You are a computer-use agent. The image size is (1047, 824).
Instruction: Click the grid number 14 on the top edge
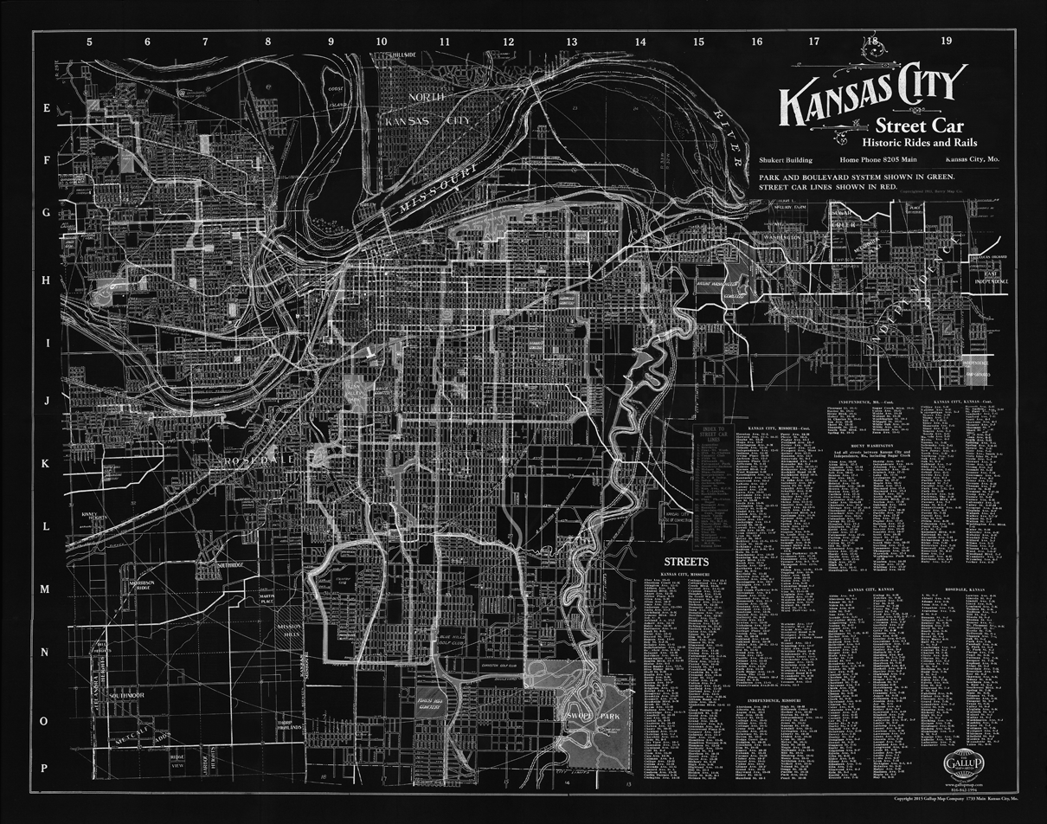tap(639, 41)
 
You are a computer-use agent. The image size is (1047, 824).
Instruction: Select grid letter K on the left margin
tap(47, 463)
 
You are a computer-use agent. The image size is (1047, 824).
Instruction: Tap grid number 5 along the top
tap(89, 41)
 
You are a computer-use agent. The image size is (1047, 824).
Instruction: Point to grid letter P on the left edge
tap(46, 768)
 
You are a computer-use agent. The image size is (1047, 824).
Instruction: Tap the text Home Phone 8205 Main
tap(877, 161)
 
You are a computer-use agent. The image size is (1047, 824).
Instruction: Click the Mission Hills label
tap(287, 631)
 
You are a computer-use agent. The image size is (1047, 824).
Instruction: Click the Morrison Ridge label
tap(141, 587)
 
